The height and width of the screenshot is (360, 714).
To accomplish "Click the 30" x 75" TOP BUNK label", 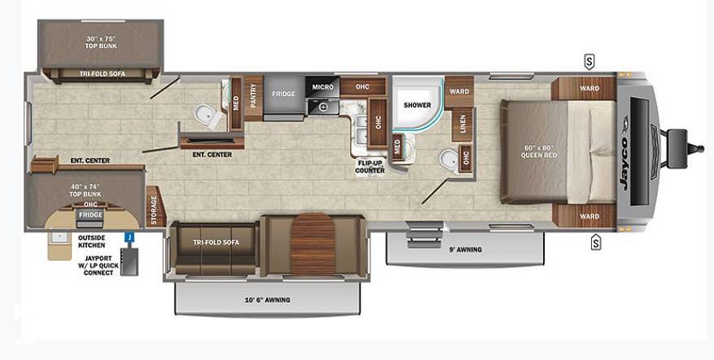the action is click(101, 42).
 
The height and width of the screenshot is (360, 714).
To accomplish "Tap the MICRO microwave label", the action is click(322, 86).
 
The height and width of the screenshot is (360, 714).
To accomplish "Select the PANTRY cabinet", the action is click(253, 98).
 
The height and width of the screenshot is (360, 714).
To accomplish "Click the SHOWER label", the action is click(417, 105).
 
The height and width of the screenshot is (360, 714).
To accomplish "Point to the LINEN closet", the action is click(462, 125).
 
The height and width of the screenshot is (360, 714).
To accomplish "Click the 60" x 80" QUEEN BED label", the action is click(540, 151).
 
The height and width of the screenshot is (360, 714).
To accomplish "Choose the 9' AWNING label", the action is click(466, 249).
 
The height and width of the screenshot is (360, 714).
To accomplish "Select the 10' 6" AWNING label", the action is click(268, 300).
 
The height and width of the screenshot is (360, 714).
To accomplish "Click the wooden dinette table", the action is click(313, 244).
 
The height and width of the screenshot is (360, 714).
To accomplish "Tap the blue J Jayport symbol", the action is click(129, 237).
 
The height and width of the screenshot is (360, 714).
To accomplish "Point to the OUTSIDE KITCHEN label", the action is click(91, 242).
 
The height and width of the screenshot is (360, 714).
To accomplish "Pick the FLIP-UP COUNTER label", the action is click(370, 167).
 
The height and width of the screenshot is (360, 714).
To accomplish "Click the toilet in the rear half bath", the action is click(208, 116).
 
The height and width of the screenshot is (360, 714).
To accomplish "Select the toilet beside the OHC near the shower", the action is click(451, 162).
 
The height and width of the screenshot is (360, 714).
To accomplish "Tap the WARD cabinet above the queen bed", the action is click(584, 88).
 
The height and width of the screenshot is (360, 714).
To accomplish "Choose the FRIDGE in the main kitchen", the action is click(283, 98).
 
